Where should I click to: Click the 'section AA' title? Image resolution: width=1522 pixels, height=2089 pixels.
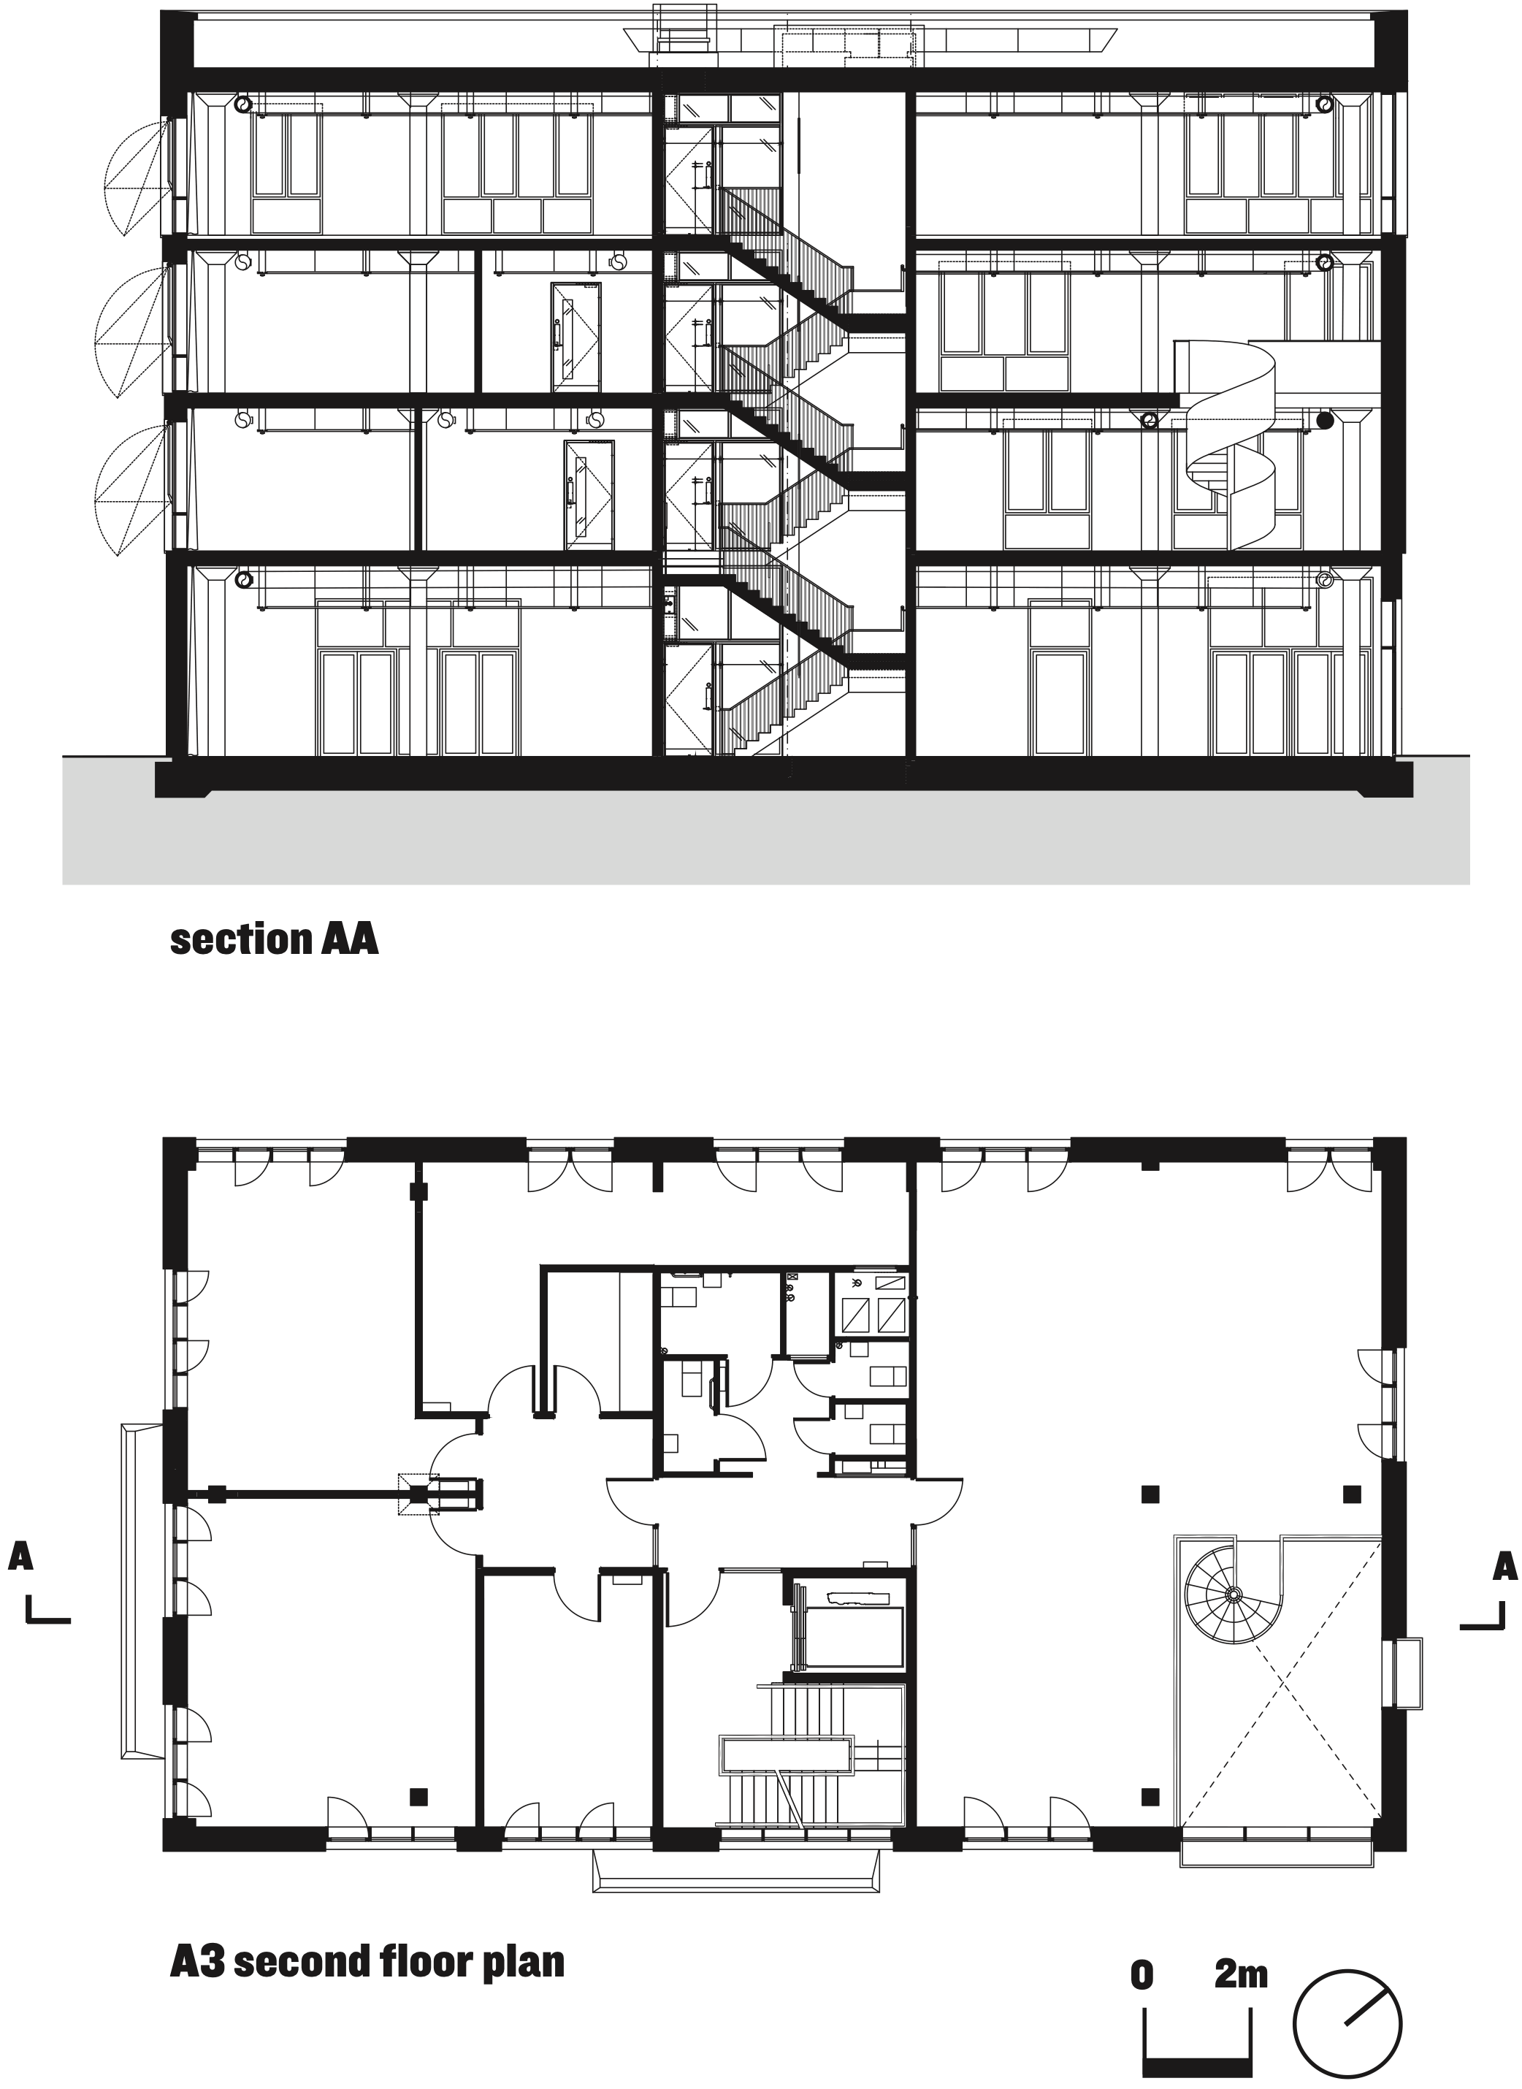(x=274, y=940)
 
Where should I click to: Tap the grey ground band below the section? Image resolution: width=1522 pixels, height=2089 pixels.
(x=765, y=839)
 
